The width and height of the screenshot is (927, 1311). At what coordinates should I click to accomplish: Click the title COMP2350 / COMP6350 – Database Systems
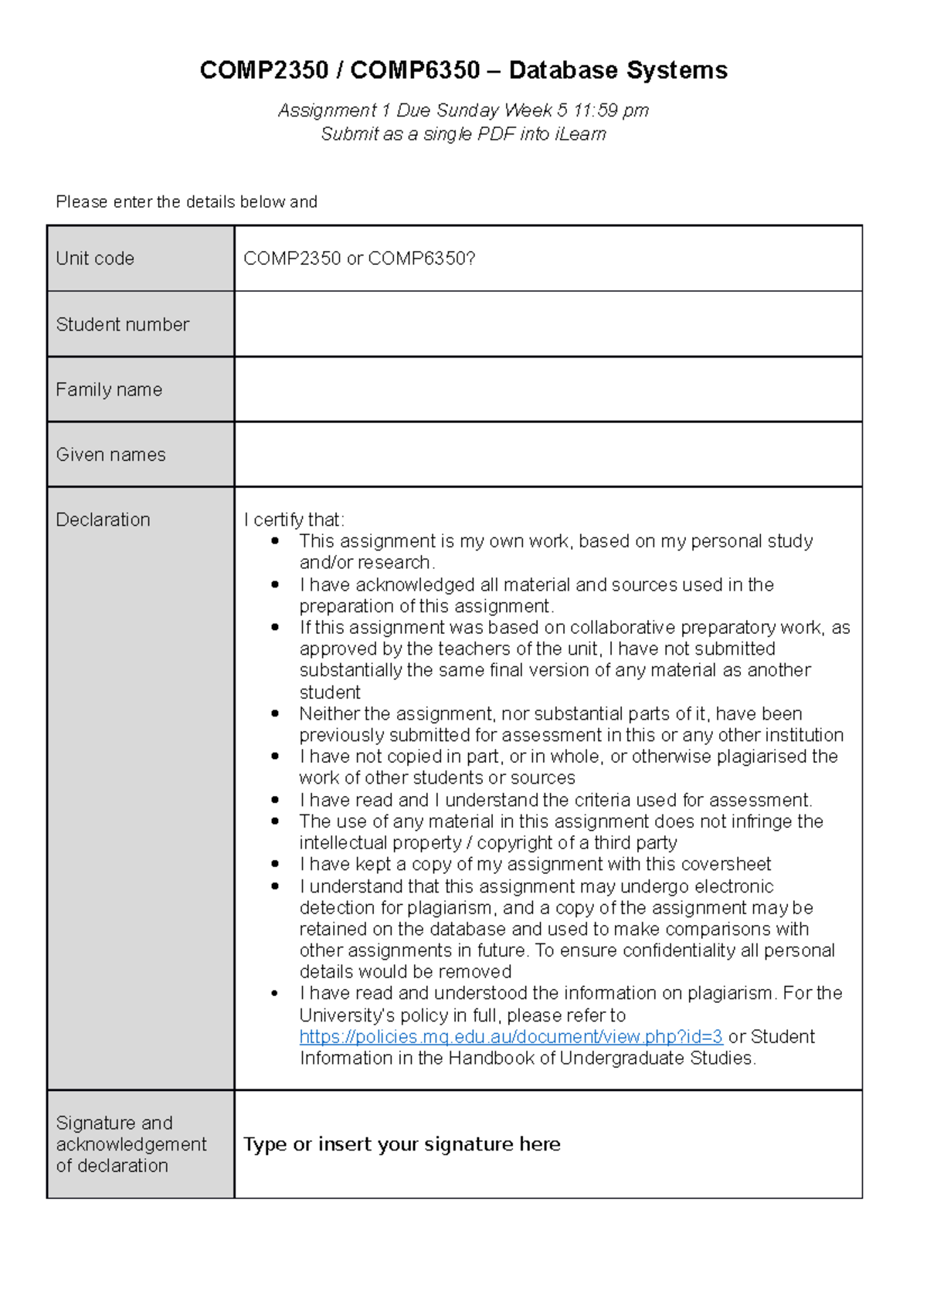point(463,71)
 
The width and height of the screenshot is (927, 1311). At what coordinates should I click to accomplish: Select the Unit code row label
point(95,259)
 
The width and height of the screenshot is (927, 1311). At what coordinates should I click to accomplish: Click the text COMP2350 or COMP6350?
point(359,259)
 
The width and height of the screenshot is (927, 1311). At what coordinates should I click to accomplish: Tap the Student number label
point(122,324)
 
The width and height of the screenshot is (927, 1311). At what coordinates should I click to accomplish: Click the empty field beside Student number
point(548,324)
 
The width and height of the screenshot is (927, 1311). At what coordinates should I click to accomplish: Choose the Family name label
point(109,390)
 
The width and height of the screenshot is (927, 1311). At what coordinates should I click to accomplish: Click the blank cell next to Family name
point(548,390)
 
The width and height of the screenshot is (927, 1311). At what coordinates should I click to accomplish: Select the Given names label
point(110,455)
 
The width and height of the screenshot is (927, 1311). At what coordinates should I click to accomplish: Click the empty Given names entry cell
point(548,455)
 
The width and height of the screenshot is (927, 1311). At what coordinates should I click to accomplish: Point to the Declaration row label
point(103,520)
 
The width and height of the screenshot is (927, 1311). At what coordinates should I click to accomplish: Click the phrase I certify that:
point(294,520)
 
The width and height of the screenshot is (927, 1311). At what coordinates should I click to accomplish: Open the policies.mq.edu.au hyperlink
point(511,1037)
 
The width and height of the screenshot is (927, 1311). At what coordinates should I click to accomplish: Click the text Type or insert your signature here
point(402,1144)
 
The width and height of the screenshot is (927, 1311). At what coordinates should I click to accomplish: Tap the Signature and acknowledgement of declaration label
point(131,1144)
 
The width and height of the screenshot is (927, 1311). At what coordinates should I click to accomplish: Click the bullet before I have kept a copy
point(275,865)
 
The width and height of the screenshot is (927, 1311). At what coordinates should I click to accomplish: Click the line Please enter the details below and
point(186,202)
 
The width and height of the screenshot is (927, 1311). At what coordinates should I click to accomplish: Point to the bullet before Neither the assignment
point(275,714)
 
